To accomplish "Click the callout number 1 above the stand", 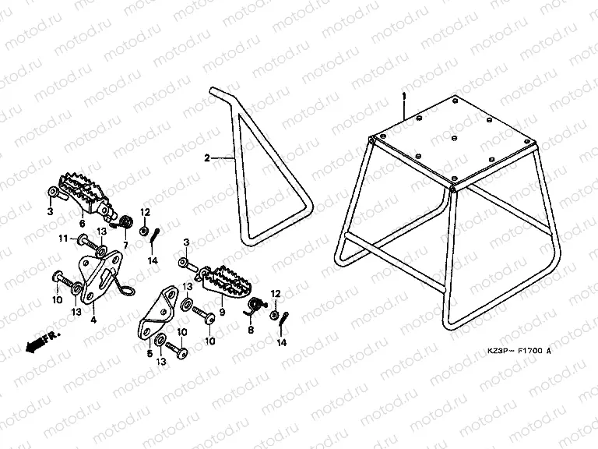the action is click(x=405, y=96).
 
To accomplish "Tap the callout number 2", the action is click(x=207, y=158).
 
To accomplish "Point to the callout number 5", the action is click(x=149, y=352).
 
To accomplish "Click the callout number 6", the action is click(x=81, y=222).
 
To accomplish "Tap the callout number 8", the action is click(x=251, y=330).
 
